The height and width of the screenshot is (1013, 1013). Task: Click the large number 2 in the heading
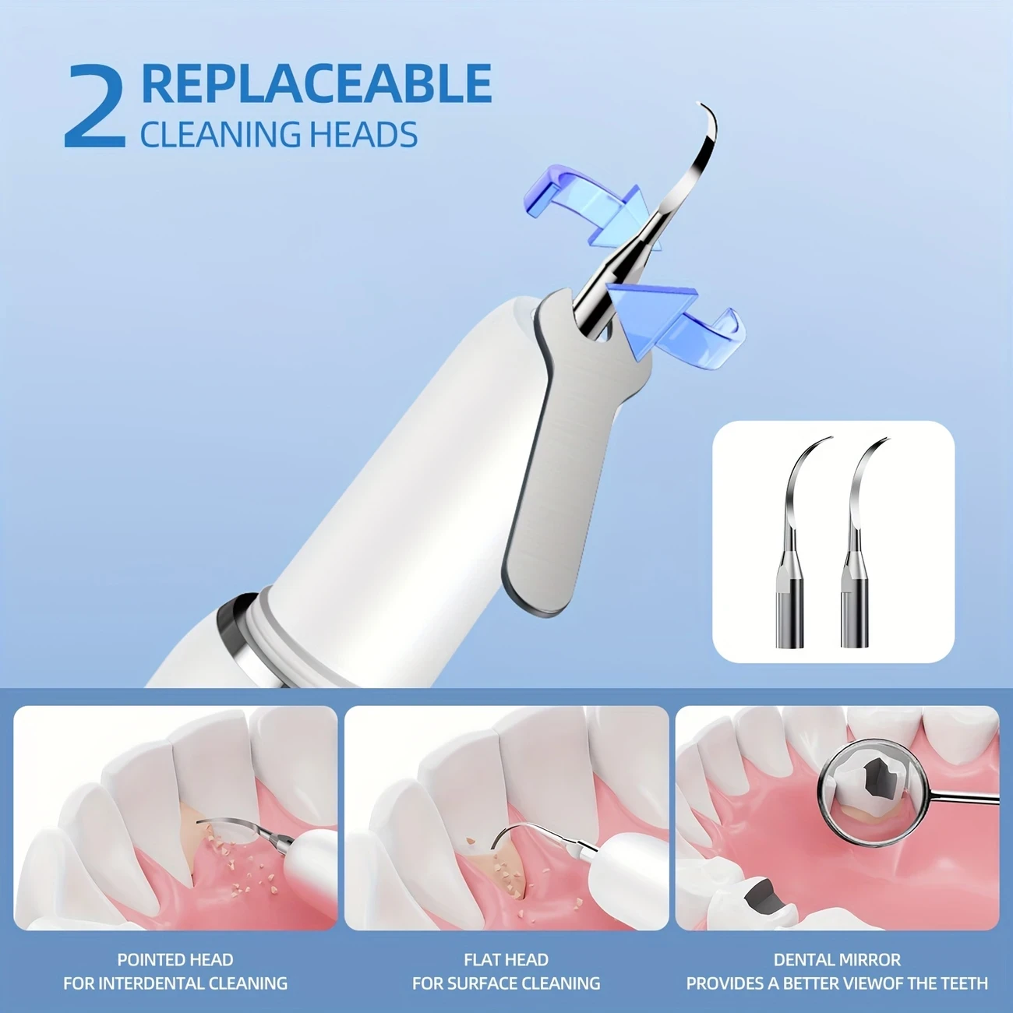click(x=95, y=108)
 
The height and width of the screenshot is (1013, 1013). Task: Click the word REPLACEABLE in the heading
click(x=316, y=84)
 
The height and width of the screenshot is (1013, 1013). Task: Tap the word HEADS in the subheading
click(x=363, y=135)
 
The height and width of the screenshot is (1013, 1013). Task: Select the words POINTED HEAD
click(x=175, y=960)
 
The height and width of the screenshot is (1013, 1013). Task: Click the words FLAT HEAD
click(x=506, y=960)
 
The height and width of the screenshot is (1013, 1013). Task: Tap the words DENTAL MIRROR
click(x=837, y=960)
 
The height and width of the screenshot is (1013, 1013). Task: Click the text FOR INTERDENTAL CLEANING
click(x=175, y=984)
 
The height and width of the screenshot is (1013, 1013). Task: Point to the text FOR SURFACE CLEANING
click(x=506, y=984)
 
